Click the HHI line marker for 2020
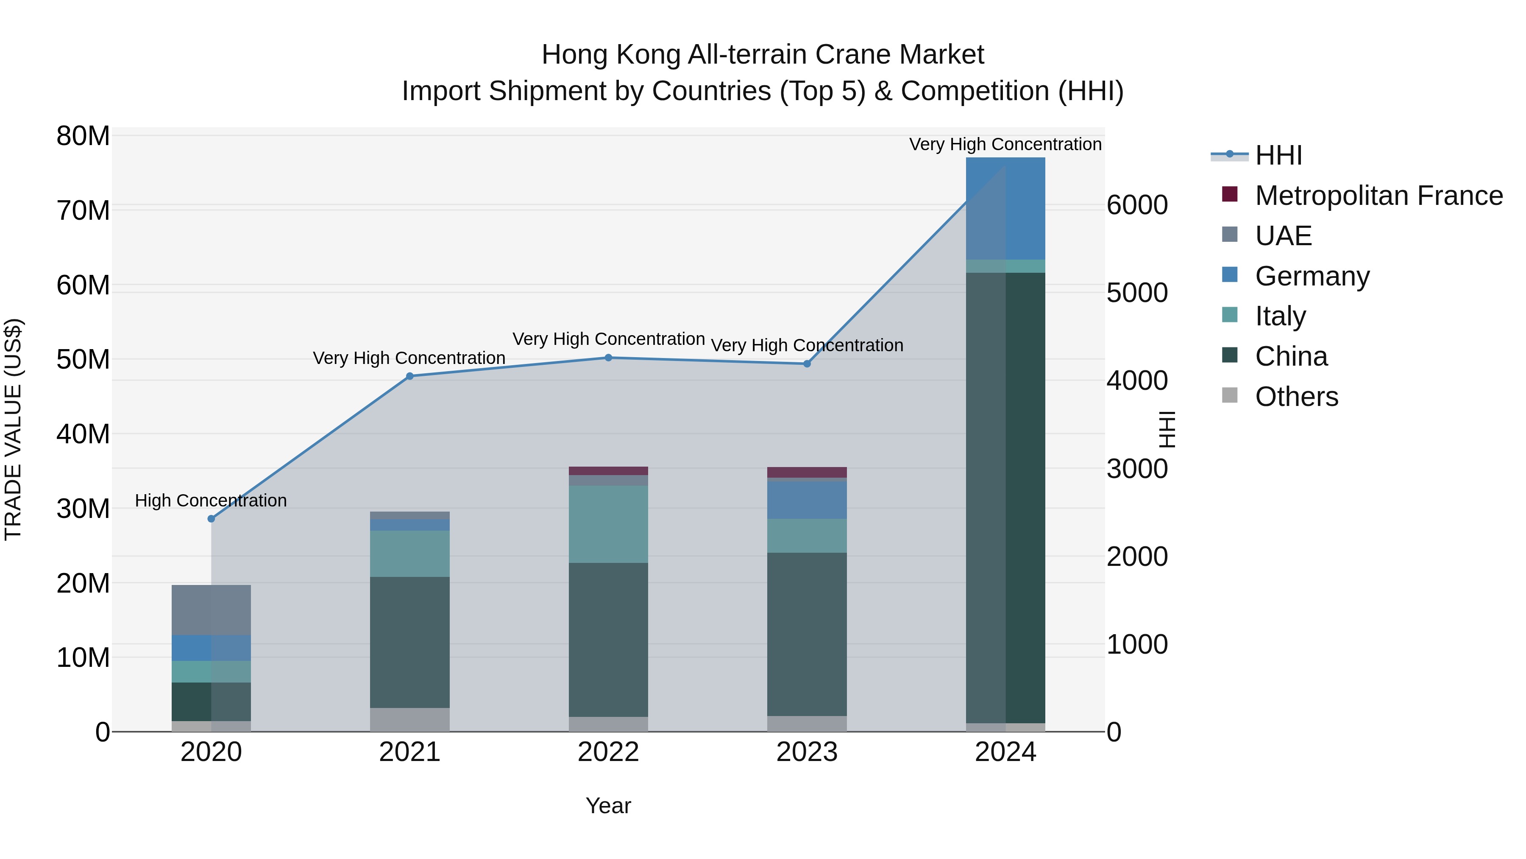(212, 519)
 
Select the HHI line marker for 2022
(608, 358)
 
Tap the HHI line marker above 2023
(807, 364)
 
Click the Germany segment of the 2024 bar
(1005, 208)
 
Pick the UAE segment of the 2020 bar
(212, 610)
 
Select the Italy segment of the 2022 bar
(608, 524)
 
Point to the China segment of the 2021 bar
(410, 642)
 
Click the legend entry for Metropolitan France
(1378, 196)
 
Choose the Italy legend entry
(1280, 316)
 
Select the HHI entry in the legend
(1278, 155)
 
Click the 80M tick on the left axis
(83, 136)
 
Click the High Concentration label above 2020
(211, 501)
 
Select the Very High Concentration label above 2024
(1005, 145)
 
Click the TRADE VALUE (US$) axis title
(14, 429)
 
